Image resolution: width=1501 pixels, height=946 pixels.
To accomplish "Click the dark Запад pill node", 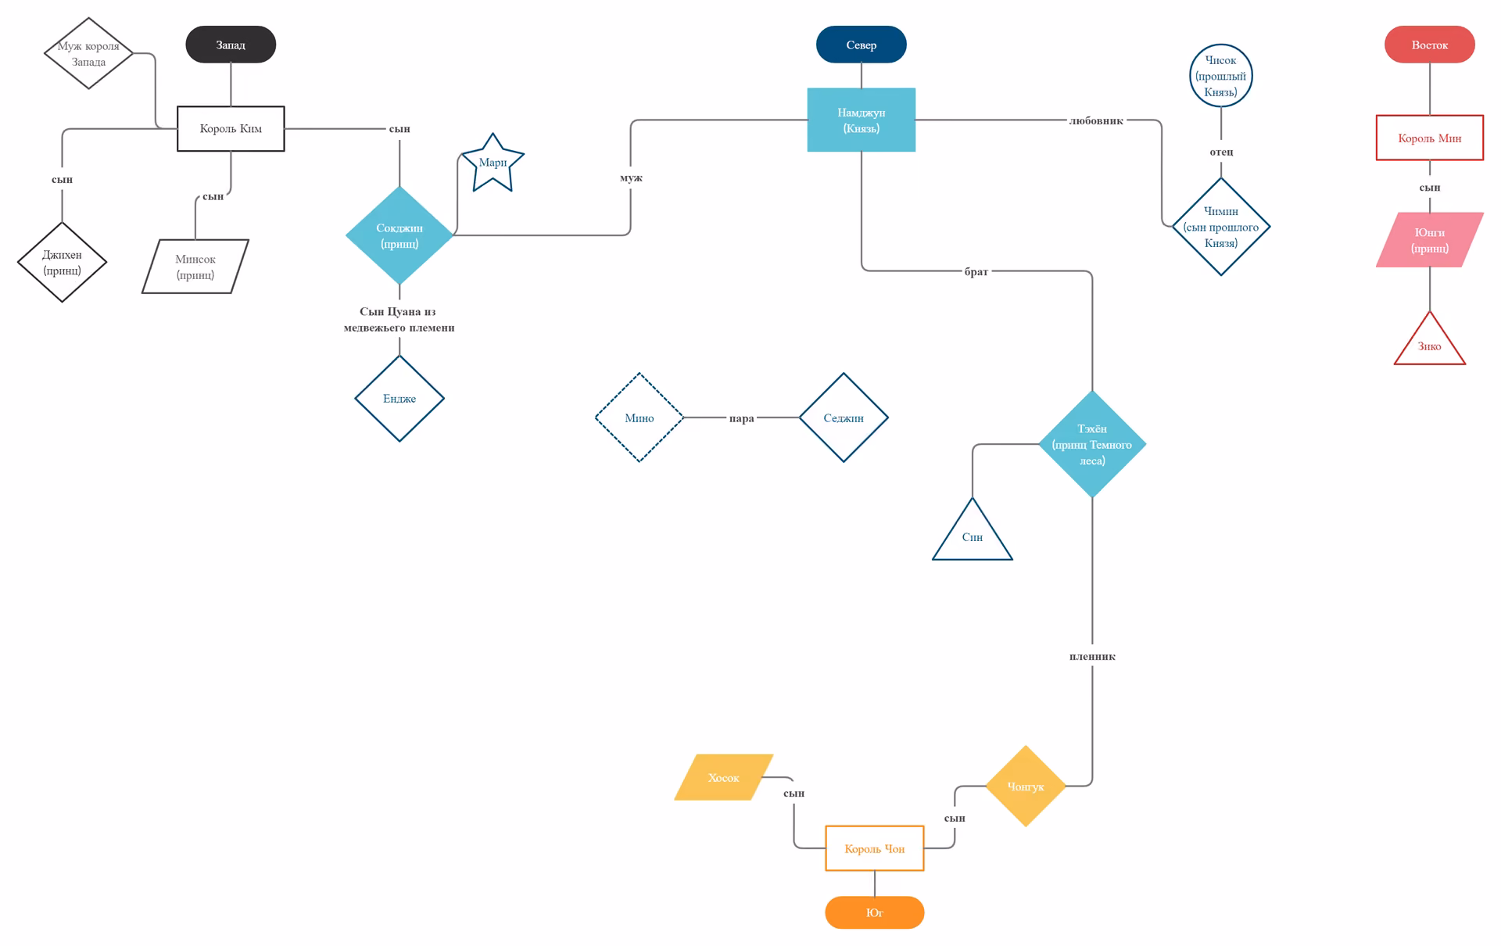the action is tap(231, 45).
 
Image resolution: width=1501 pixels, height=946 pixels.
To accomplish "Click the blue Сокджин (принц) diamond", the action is tap(399, 235).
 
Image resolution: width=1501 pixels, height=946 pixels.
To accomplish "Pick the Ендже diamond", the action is tap(399, 399).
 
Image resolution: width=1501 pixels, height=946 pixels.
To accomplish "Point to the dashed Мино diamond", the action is tap(639, 417).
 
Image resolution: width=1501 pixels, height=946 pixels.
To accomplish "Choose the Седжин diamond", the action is tap(844, 417).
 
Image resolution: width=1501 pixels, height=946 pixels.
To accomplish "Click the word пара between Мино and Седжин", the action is tap(741, 418).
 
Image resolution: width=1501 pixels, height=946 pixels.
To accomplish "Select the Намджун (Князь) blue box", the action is tap(862, 120).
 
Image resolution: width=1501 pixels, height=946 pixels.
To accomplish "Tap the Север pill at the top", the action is tap(862, 45).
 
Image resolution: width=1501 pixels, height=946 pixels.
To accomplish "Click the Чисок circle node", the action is tap(1221, 76).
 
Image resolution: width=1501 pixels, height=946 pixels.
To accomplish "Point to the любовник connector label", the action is tap(1096, 120).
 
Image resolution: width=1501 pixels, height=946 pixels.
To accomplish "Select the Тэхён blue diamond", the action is tap(1092, 444).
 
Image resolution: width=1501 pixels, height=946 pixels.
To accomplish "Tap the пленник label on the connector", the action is tap(1092, 657).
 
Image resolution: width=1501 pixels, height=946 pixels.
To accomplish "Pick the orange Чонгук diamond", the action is tap(1026, 786).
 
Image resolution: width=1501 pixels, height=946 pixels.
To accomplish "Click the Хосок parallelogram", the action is tap(724, 777).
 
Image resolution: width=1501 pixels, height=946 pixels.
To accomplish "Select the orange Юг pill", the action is tap(875, 912).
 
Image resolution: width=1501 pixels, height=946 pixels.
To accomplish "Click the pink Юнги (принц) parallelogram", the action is tap(1430, 240).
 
